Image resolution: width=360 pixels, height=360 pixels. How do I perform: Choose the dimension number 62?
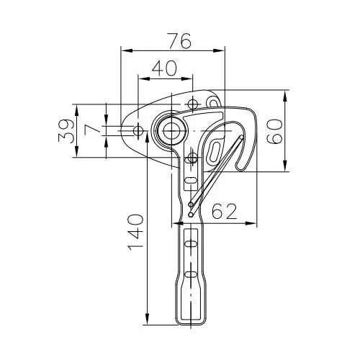coord(225,212)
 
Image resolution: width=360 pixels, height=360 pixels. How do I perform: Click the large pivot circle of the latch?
coord(171,130)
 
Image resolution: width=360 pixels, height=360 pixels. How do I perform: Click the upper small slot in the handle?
coord(191,246)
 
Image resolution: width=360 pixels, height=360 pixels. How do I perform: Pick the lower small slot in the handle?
coord(191,275)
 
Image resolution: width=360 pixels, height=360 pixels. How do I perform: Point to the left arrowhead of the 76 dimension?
coord(124,50)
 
